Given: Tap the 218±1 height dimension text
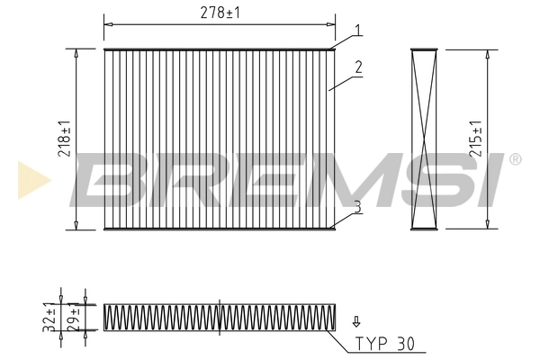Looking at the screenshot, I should (64, 139).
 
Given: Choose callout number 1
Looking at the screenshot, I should (357, 31).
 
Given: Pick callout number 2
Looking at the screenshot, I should (357, 67).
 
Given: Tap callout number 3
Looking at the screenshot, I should (357, 207).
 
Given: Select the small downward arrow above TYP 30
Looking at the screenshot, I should (355, 321).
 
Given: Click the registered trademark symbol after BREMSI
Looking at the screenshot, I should (514, 160).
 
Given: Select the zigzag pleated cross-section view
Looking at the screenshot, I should (220, 317).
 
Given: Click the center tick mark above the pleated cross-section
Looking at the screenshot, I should (220, 299).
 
